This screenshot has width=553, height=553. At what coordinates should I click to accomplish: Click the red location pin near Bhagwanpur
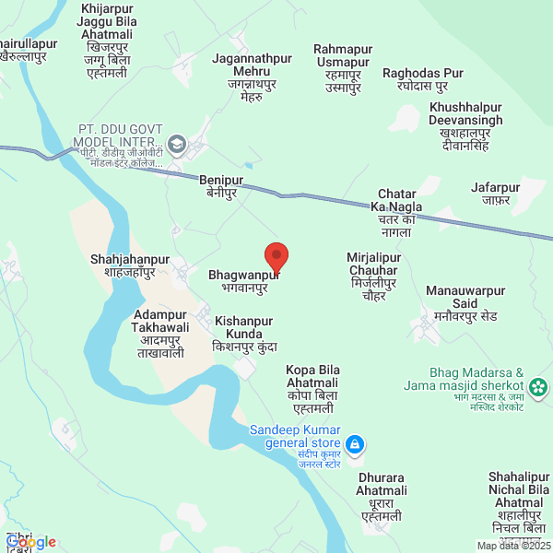click(x=276, y=256)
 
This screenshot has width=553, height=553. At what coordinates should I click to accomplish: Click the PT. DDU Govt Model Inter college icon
click(x=177, y=144)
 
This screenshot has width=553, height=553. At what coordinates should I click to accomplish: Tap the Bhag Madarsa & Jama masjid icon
click(x=539, y=385)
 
